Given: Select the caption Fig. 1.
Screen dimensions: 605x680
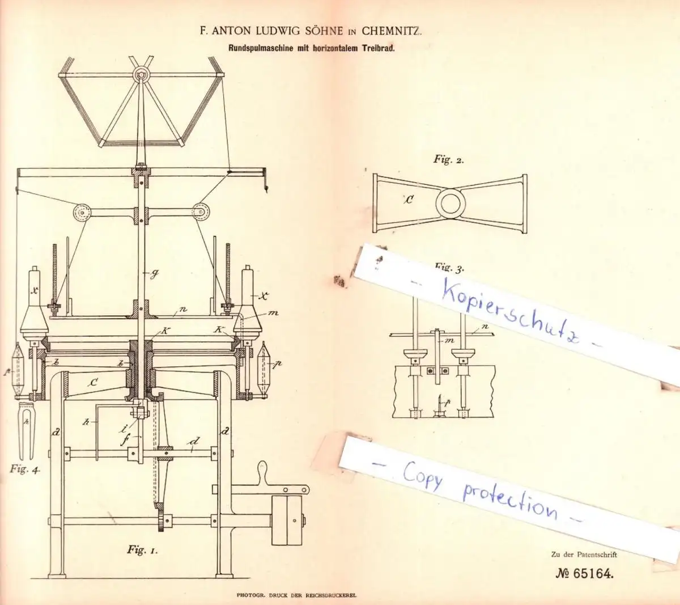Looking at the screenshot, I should click(142, 549).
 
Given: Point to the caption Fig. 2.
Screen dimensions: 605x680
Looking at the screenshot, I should click(449, 159).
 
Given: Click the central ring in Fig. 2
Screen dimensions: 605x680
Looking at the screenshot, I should click(448, 203).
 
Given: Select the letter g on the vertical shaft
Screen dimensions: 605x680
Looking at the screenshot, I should click(154, 274).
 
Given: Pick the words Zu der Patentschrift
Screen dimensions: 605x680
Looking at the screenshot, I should click(583, 555).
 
